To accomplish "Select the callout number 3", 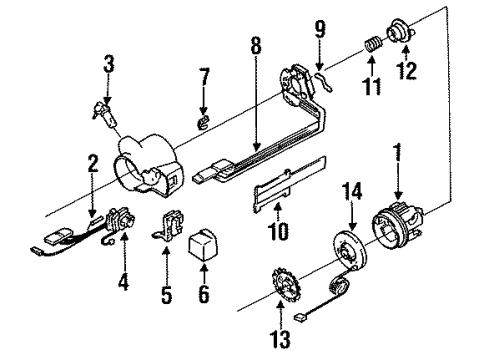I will pyautogui.click(x=109, y=68).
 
